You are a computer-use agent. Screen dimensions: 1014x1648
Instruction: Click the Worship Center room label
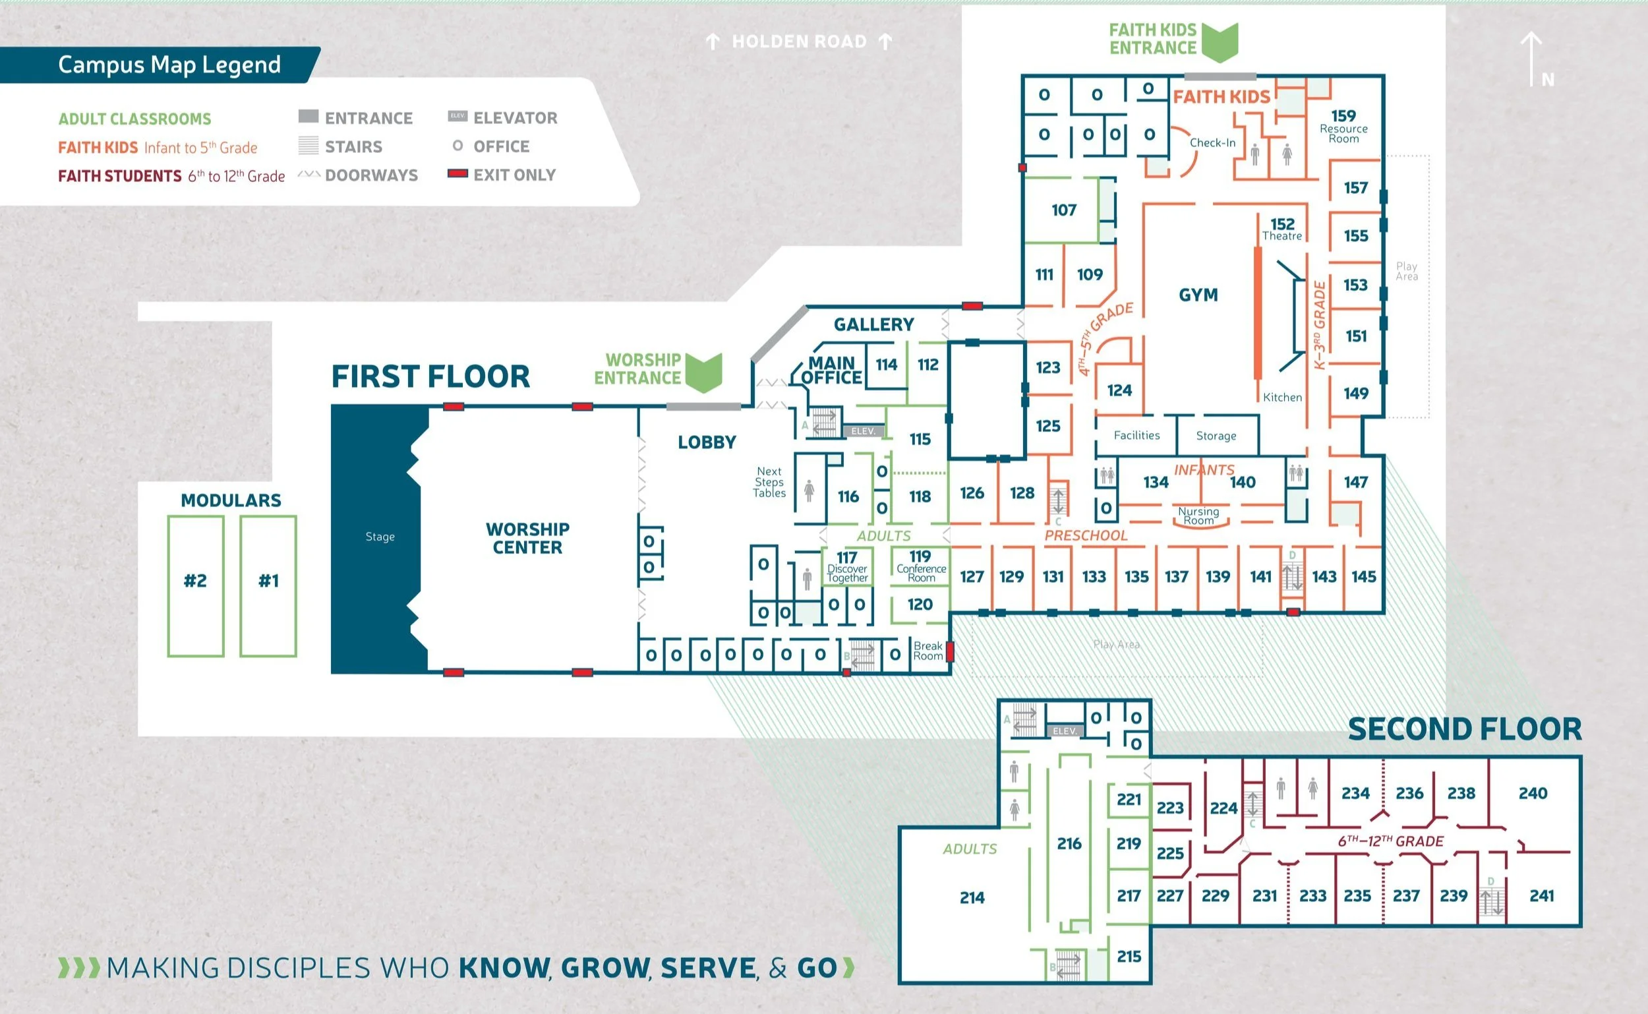(527, 538)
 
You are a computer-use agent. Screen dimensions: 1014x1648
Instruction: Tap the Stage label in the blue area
(380, 537)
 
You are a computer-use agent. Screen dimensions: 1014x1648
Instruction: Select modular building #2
(195, 581)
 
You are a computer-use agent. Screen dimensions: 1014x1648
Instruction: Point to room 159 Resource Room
(1343, 125)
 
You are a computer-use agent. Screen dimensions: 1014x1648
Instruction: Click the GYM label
(1198, 295)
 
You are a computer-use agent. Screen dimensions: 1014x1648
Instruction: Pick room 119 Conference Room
(920, 566)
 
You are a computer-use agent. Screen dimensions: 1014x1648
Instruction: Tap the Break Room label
(928, 651)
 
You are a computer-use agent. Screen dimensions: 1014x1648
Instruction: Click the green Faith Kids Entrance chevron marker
(1220, 42)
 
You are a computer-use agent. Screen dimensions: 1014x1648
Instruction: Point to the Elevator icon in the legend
(457, 117)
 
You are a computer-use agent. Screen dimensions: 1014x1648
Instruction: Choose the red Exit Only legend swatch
(457, 173)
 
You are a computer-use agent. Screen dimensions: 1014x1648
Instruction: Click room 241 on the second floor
(1541, 895)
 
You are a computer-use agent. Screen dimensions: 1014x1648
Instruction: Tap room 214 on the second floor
(972, 897)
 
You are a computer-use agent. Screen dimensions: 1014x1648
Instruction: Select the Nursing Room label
(1199, 516)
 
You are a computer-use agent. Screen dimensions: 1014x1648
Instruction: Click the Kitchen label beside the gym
(1282, 397)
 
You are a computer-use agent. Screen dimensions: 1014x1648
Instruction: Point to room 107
(1064, 210)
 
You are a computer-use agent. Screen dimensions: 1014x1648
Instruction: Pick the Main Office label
(831, 370)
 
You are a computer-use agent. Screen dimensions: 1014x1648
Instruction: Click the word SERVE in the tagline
(708, 968)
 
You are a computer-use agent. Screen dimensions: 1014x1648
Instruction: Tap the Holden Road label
(798, 42)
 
